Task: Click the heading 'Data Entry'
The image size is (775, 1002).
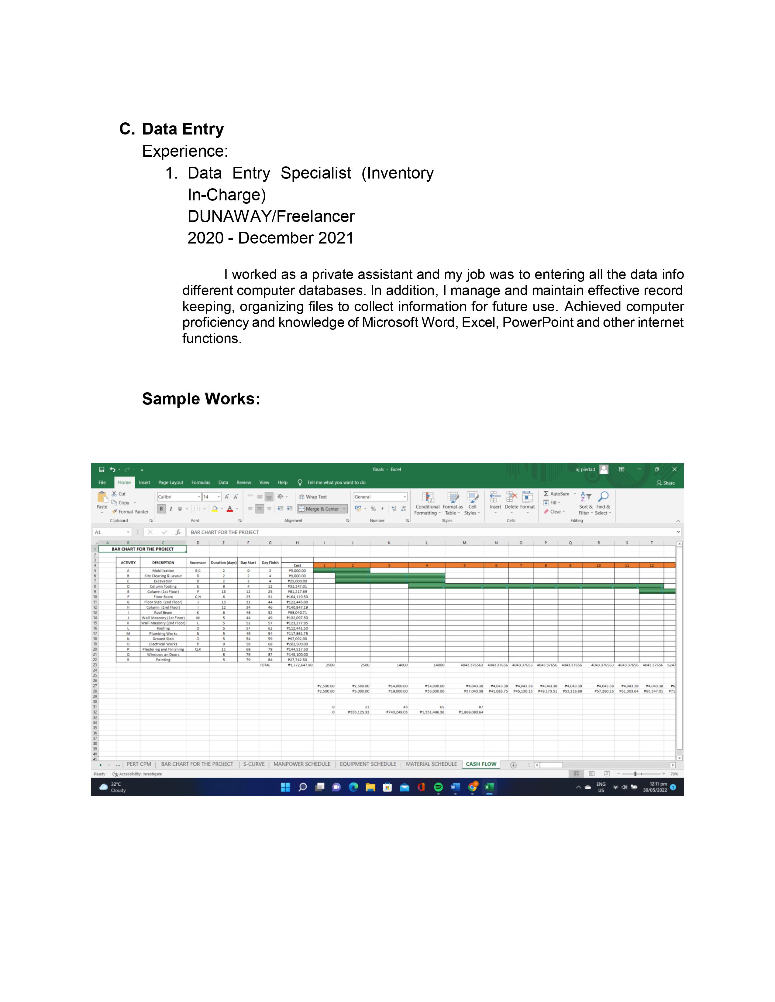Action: point(183,129)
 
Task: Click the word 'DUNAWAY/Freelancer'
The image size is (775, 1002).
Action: point(271,216)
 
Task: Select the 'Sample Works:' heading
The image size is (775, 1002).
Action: point(201,399)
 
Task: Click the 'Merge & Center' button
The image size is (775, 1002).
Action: point(322,509)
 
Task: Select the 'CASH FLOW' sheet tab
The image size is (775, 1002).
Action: point(481,764)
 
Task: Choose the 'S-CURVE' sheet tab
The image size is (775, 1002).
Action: point(253,764)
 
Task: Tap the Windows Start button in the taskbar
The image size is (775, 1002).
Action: point(286,787)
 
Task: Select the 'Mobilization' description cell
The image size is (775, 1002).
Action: point(163,571)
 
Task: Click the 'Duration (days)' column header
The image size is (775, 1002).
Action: point(224,562)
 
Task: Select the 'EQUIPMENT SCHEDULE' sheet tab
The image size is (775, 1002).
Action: point(368,764)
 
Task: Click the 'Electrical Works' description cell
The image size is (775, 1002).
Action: point(163,644)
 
